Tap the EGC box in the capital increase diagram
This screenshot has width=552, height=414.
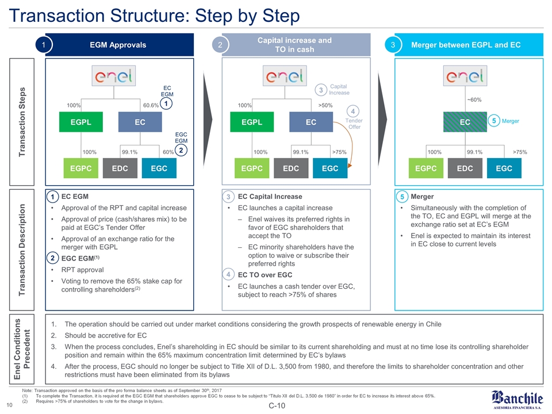point(330,169)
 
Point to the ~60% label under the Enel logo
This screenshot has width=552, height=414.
point(473,100)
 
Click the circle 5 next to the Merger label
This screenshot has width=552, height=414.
point(494,121)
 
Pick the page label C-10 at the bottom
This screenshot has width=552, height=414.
point(276,408)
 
